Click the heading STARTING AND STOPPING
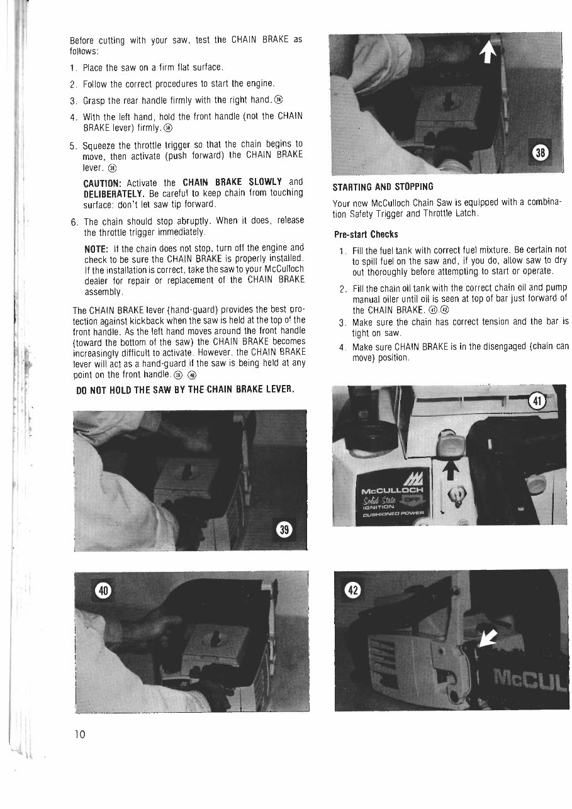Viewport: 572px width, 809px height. (383, 186)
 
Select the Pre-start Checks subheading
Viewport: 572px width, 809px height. (366, 235)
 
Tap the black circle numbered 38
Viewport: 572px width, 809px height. (541, 152)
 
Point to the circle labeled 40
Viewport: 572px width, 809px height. (103, 591)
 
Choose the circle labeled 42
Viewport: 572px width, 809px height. (354, 590)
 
